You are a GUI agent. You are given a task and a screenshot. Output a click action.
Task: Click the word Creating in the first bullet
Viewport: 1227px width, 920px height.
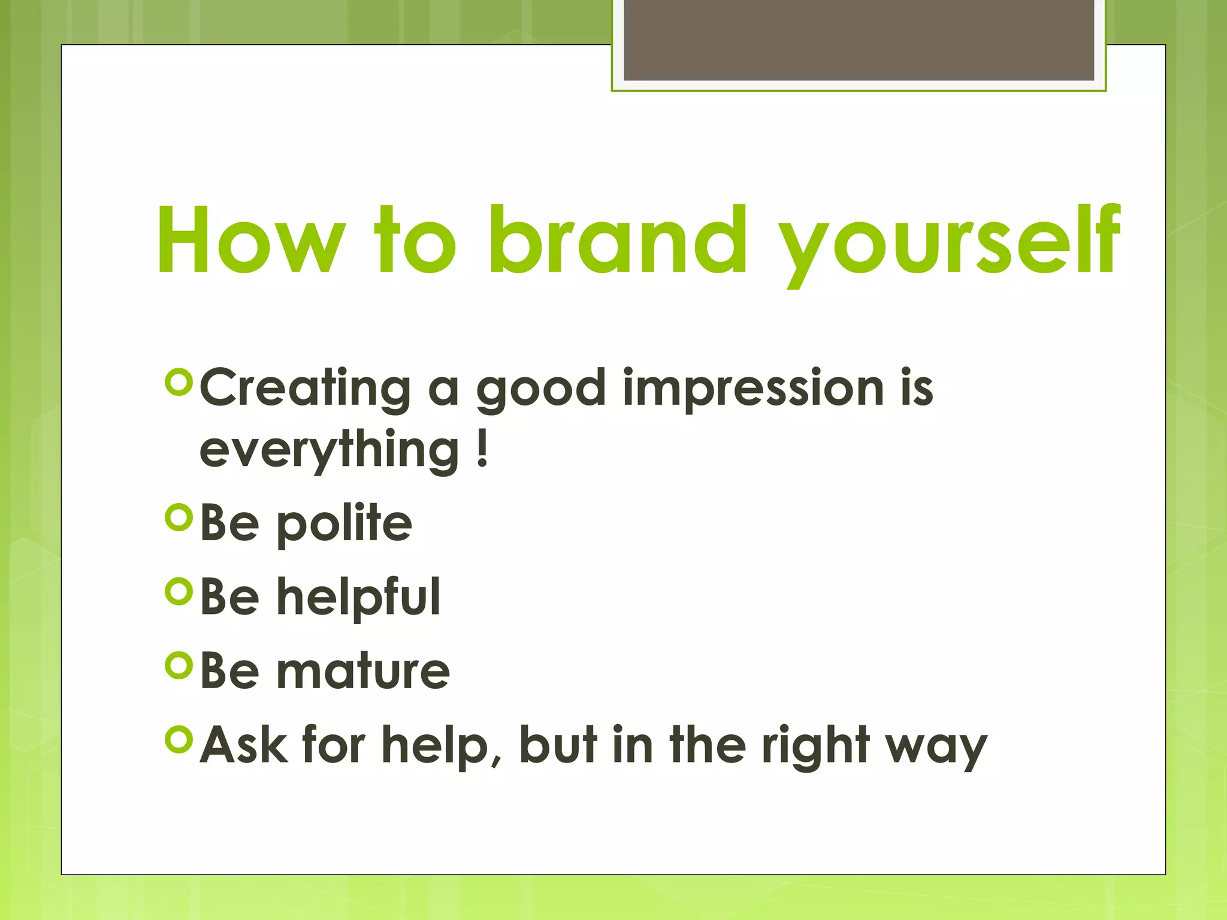pyautogui.click(x=305, y=388)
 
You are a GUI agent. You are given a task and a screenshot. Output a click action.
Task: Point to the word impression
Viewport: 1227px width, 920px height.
pyautogui.click(x=753, y=388)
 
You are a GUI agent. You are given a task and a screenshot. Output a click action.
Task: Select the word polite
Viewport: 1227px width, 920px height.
pyautogui.click(x=344, y=523)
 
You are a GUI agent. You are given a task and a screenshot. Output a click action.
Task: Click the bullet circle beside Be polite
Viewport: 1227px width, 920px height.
pyautogui.click(x=179, y=517)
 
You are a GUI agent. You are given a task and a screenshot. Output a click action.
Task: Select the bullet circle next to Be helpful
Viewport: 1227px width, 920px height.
pyautogui.click(x=179, y=591)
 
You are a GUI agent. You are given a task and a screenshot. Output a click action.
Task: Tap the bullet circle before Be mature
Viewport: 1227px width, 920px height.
pyautogui.click(x=179, y=665)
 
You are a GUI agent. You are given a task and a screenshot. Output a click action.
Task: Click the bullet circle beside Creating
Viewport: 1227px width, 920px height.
pyautogui.click(x=179, y=383)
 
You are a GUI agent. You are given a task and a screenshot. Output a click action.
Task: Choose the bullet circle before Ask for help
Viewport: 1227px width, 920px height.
pyautogui.click(x=179, y=740)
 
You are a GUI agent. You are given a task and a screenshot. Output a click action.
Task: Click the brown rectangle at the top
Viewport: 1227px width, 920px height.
pyautogui.click(x=859, y=40)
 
